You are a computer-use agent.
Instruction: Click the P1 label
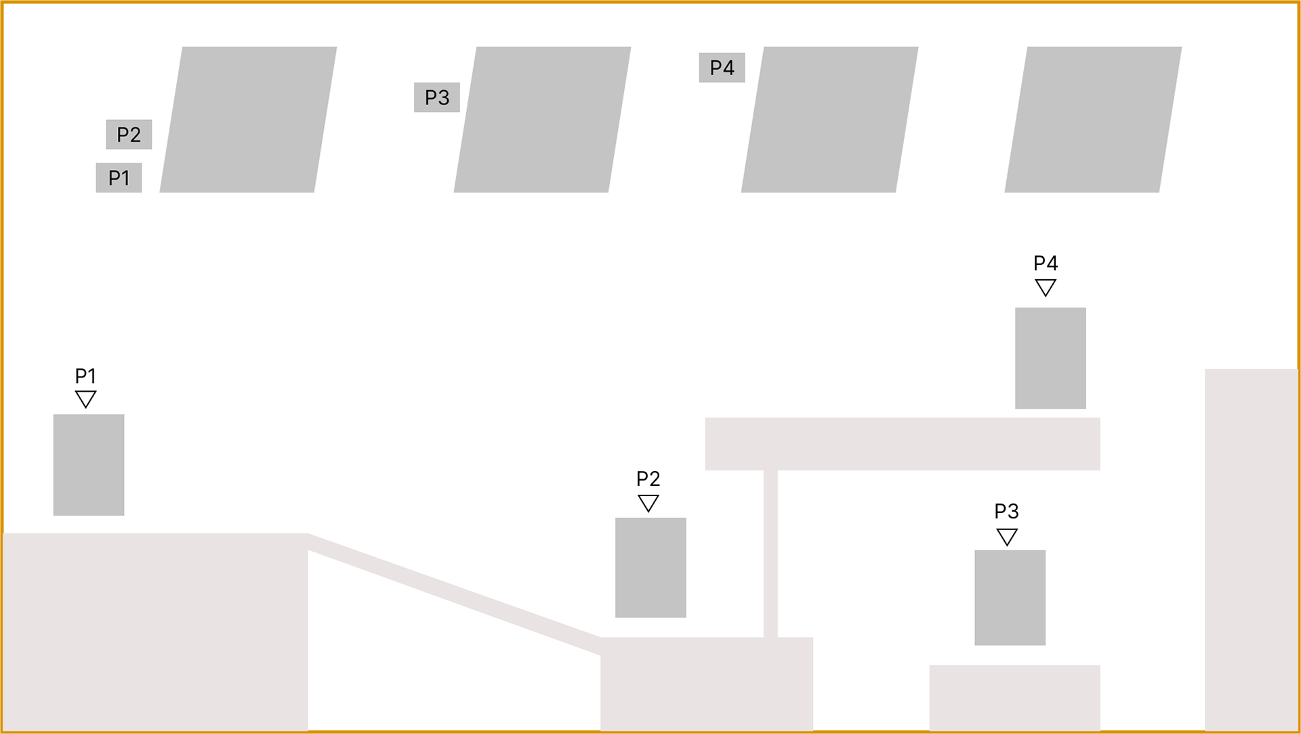pyautogui.click(x=119, y=178)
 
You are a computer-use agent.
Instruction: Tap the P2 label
pyautogui.click(x=129, y=134)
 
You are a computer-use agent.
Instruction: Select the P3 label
pyautogui.click(x=437, y=98)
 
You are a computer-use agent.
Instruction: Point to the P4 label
pyautogui.click(x=722, y=67)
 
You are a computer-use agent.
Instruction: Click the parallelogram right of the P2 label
pyautogui.click(x=248, y=119)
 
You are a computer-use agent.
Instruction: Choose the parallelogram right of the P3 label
pyautogui.click(x=542, y=119)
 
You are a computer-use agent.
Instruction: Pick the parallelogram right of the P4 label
pyautogui.click(x=829, y=119)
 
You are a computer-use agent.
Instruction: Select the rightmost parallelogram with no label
pyautogui.click(x=1093, y=119)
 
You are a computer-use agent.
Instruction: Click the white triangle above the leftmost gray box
pyautogui.click(x=85, y=398)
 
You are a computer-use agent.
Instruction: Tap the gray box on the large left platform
pyautogui.click(x=89, y=465)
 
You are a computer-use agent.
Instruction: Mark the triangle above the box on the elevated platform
pyautogui.click(x=1046, y=287)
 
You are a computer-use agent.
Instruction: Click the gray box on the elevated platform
pyautogui.click(x=1051, y=358)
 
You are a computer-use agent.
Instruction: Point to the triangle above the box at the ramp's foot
pyautogui.click(x=648, y=502)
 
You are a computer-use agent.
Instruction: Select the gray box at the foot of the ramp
pyautogui.click(x=650, y=567)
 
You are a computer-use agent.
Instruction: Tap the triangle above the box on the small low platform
pyautogui.click(x=1007, y=536)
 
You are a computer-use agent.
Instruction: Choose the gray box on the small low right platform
pyautogui.click(x=1010, y=598)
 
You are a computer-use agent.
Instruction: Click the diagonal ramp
pyautogui.click(x=454, y=594)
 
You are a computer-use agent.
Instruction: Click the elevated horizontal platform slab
pyautogui.click(x=902, y=444)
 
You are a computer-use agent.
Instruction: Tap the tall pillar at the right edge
pyautogui.click(x=1251, y=549)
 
